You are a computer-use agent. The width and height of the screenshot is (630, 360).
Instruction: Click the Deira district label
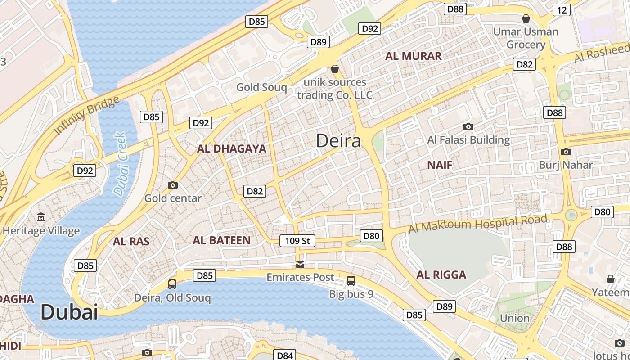338,141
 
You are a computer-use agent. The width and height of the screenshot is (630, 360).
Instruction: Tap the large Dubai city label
69,312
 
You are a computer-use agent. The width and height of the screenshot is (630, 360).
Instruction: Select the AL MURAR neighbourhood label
413,56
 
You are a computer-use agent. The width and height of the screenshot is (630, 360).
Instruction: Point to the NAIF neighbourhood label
440,165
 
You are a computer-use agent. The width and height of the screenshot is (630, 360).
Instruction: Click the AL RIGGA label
441,274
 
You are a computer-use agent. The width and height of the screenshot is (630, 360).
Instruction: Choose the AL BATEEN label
221,240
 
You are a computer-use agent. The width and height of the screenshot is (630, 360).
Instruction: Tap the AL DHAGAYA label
231,148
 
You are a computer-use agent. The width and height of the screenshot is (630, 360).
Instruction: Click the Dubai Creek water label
120,164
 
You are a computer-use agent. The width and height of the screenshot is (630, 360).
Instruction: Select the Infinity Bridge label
87,115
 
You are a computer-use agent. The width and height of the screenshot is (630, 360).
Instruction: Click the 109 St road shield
298,241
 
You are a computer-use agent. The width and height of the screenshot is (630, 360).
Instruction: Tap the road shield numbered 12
562,10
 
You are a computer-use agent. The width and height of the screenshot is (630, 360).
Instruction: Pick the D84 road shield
285,355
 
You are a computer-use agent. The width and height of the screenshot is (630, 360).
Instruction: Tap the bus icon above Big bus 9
351,281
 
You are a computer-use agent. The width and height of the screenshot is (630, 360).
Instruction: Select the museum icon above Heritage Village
41,217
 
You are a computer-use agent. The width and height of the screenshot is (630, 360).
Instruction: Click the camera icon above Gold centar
172,185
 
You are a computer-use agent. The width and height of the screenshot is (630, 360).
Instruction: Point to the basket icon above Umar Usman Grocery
526,18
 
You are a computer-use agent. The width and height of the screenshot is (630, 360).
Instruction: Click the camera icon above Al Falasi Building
468,126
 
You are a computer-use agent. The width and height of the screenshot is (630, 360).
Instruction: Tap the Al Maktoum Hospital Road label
478,224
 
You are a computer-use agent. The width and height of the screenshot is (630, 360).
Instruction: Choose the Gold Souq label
261,87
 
